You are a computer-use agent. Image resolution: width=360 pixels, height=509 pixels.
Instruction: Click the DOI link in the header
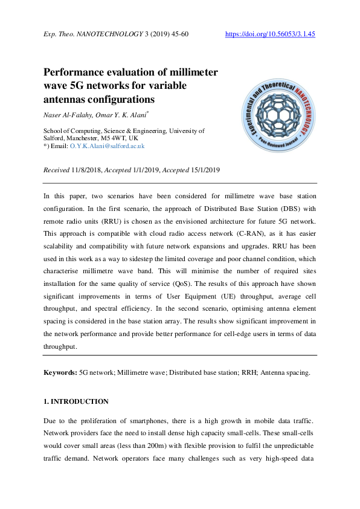click(270, 34)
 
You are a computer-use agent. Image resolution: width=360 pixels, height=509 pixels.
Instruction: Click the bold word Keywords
click(60, 372)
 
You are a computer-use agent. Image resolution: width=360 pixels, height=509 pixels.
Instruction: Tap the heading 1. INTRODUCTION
click(76, 401)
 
